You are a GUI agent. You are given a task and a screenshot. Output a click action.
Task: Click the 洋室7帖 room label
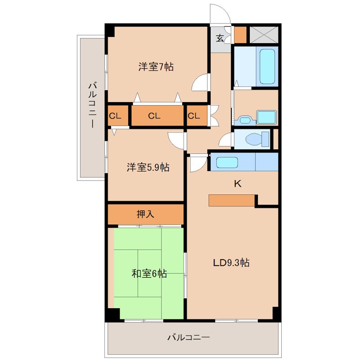(156, 67)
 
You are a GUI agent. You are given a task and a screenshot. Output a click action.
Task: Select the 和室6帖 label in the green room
(149, 273)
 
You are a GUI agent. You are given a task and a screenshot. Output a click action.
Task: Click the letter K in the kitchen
(238, 184)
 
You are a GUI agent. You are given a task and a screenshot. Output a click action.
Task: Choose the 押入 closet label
(145, 214)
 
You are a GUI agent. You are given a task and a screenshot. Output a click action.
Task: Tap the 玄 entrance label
(220, 38)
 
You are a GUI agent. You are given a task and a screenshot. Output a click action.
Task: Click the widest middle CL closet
(154, 116)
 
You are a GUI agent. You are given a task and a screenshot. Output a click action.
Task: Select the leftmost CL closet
(115, 116)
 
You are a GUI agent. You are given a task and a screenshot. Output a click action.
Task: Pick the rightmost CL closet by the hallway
(193, 116)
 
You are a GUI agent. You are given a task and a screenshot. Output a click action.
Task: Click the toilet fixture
(254, 139)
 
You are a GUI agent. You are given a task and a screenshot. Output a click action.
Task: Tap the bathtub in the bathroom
(267, 66)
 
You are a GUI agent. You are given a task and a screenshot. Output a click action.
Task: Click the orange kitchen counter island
(231, 200)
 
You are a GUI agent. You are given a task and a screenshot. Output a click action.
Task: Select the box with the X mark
(264, 35)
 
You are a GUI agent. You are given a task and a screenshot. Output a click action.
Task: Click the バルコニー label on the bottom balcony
(189, 337)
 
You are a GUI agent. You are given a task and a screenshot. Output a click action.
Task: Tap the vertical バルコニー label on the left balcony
(92, 104)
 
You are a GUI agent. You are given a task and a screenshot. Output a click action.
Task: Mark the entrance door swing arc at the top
(219, 13)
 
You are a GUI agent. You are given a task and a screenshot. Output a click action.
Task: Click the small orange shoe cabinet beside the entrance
(239, 35)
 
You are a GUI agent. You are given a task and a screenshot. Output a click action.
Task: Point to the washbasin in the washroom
(245, 120)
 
